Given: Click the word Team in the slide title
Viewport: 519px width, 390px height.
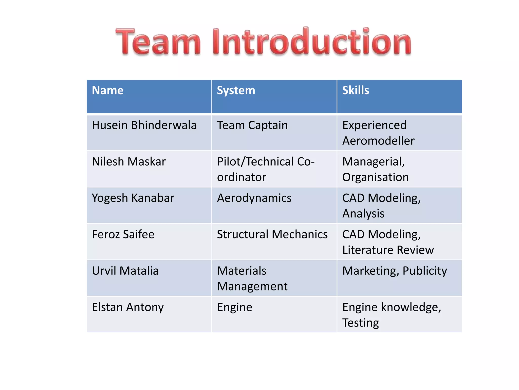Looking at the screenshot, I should coord(158,42).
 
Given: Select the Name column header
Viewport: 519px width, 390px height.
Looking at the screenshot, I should coord(108,90).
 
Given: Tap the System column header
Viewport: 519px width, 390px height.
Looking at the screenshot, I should coord(236,90).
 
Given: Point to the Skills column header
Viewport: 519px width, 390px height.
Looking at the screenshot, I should coord(356,90).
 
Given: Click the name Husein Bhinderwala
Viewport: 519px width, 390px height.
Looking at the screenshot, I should coord(144,125).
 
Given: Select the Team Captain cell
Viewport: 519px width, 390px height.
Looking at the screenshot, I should coord(252,125).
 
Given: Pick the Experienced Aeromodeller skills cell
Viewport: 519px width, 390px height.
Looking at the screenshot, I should coord(378,133).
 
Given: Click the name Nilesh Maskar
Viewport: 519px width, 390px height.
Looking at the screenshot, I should coord(129,161).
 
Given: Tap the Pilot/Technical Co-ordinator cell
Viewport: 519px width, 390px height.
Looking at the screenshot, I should coord(266,169).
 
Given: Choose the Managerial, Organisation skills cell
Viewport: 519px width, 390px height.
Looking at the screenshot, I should coord(376,169).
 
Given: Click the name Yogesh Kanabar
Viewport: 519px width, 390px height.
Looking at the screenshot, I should coord(133,198).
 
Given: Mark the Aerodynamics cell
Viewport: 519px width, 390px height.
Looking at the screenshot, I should coord(254,198).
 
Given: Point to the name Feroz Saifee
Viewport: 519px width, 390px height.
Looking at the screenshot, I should coord(123,234).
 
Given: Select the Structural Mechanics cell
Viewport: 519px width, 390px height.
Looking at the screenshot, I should coord(272,234).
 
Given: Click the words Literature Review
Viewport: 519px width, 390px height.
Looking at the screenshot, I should coord(388,250).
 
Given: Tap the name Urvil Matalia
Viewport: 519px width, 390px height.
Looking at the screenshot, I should coord(125,271).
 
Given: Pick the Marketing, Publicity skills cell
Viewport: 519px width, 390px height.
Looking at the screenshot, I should coord(395,271).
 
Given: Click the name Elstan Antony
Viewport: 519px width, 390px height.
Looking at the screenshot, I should coord(128,307).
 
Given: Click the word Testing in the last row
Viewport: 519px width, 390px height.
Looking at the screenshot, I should coord(361,323).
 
